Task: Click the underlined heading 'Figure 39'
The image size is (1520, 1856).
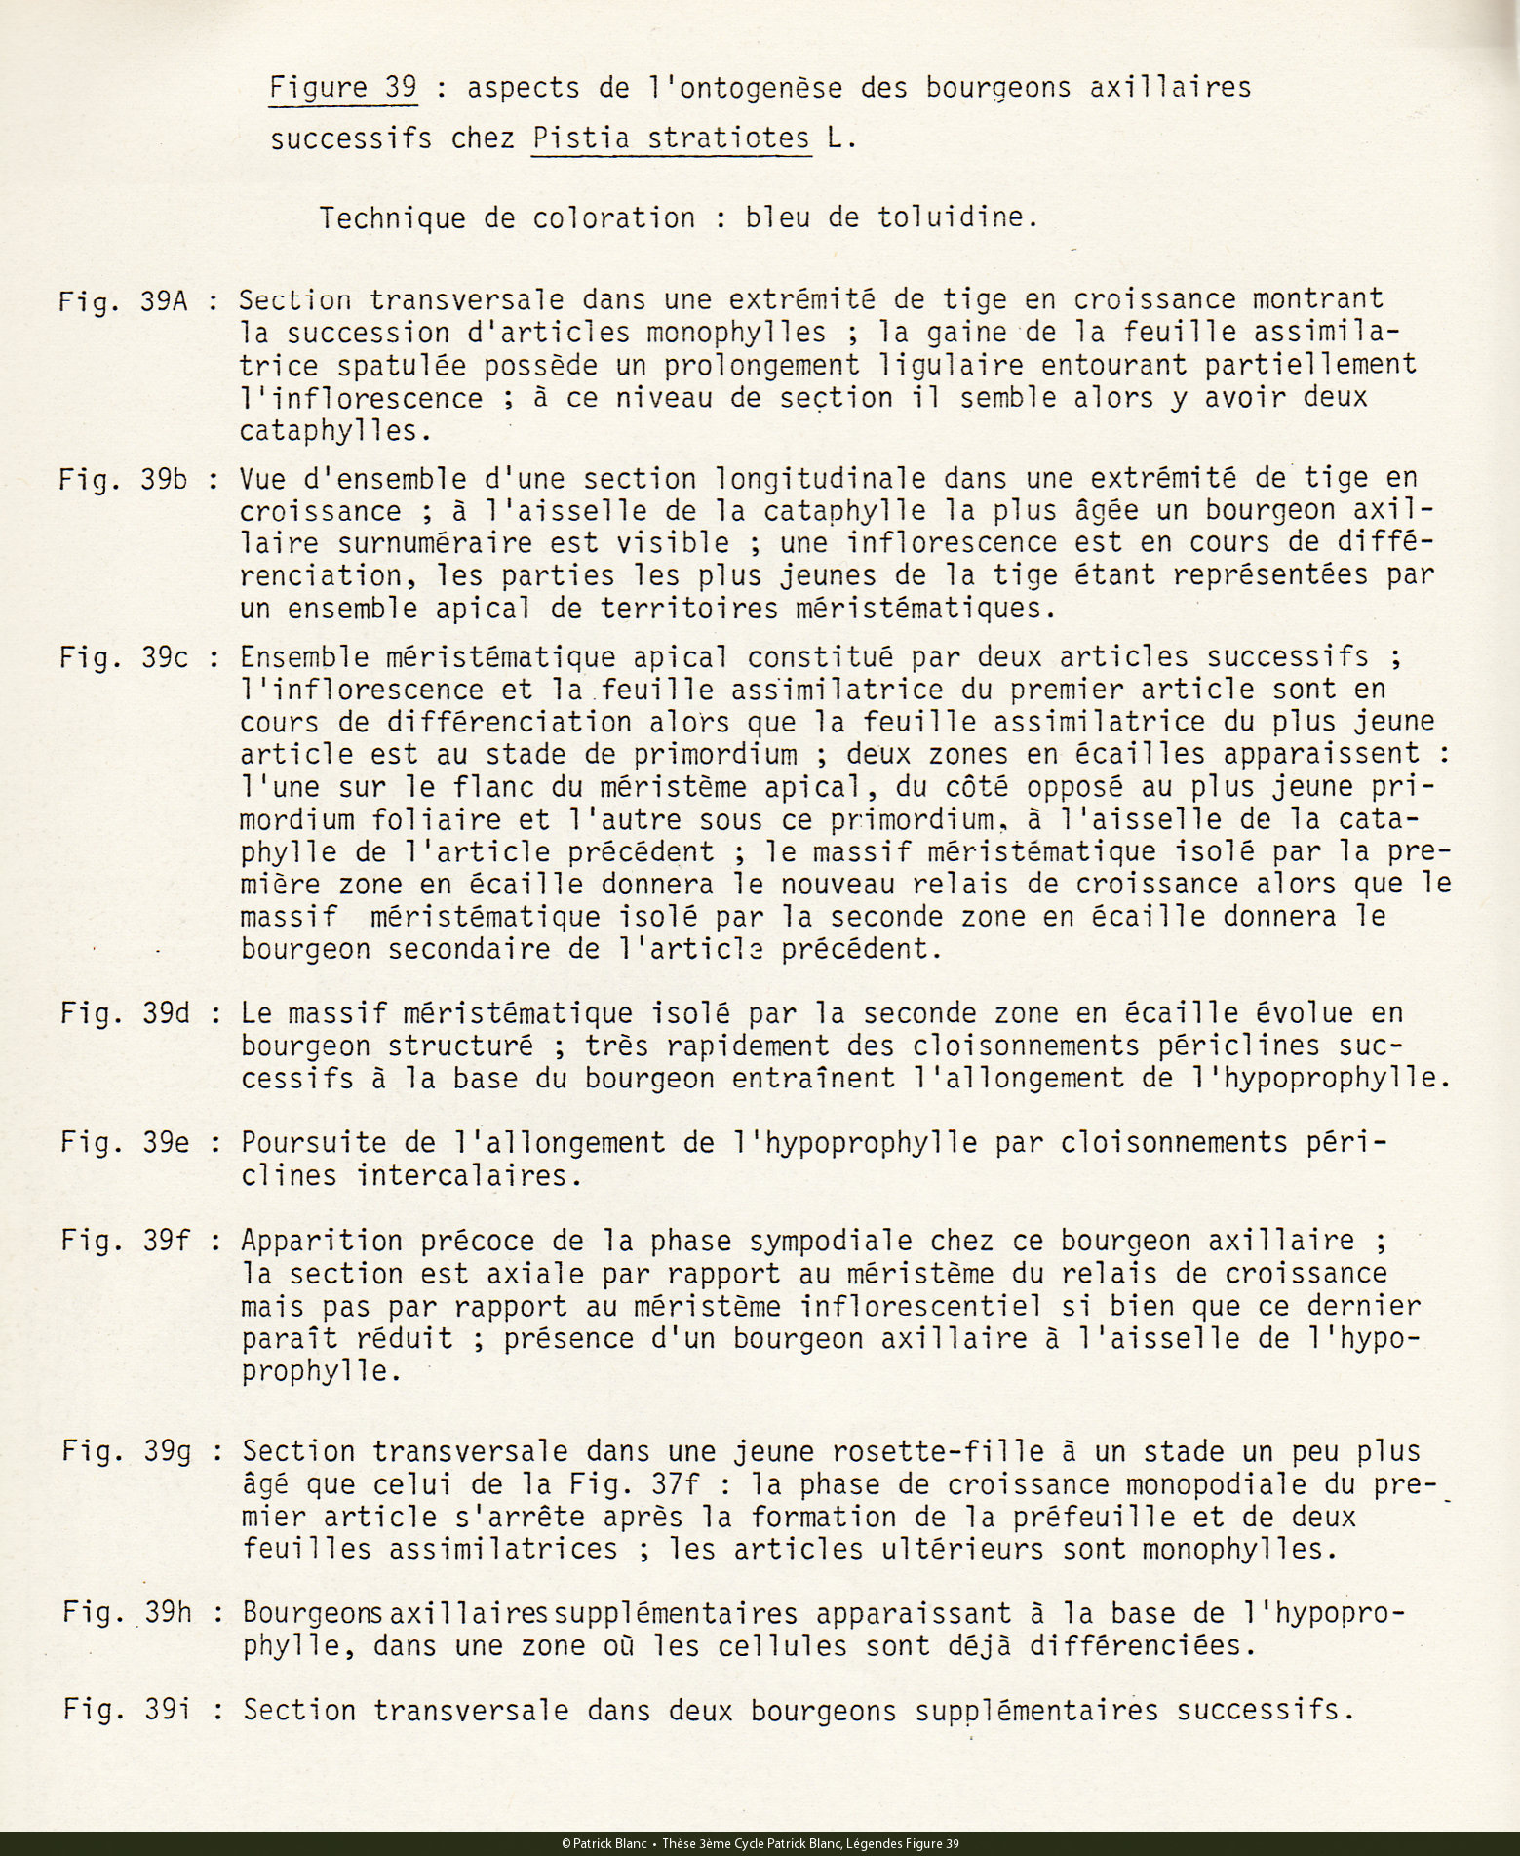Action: pyautogui.click(x=343, y=89)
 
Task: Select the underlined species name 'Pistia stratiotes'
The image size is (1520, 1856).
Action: pyautogui.click(x=672, y=138)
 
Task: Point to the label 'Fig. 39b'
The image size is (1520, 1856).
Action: pyautogui.click(x=123, y=480)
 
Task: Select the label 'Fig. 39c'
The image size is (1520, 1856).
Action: pyautogui.click(x=124, y=657)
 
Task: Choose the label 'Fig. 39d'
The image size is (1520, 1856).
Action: pyautogui.click(x=125, y=1013)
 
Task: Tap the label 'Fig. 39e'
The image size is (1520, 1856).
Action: pyautogui.click(x=125, y=1142)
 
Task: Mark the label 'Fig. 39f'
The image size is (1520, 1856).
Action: pyautogui.click(x=125, y=1241)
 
